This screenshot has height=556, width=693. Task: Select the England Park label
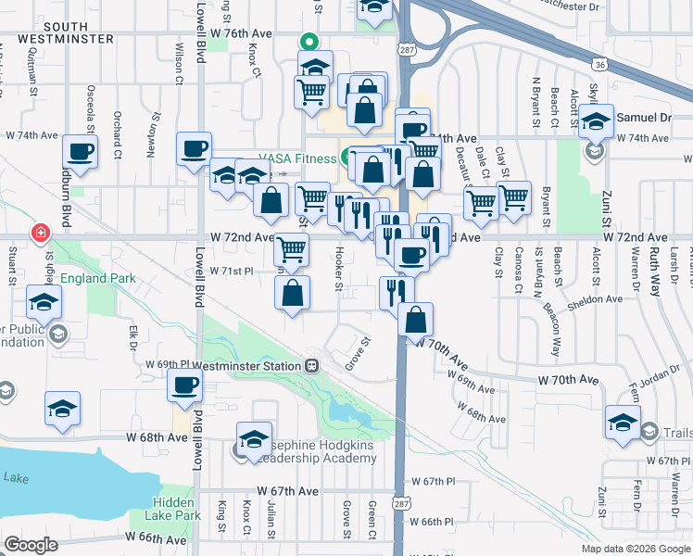(98, 278)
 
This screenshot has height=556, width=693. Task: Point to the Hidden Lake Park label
(173, 508)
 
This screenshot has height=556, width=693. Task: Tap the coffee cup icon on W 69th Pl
(184, 385)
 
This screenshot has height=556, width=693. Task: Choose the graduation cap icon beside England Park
(44, 302)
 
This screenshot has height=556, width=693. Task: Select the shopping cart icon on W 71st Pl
(291, 248)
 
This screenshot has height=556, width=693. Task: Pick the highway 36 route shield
(600, 64)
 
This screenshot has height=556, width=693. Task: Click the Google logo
(31, 544)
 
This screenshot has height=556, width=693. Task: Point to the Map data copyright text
(635, 549)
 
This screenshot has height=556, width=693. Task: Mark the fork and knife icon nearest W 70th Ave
(396, 292)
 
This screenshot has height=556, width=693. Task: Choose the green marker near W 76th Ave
(310, 41)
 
